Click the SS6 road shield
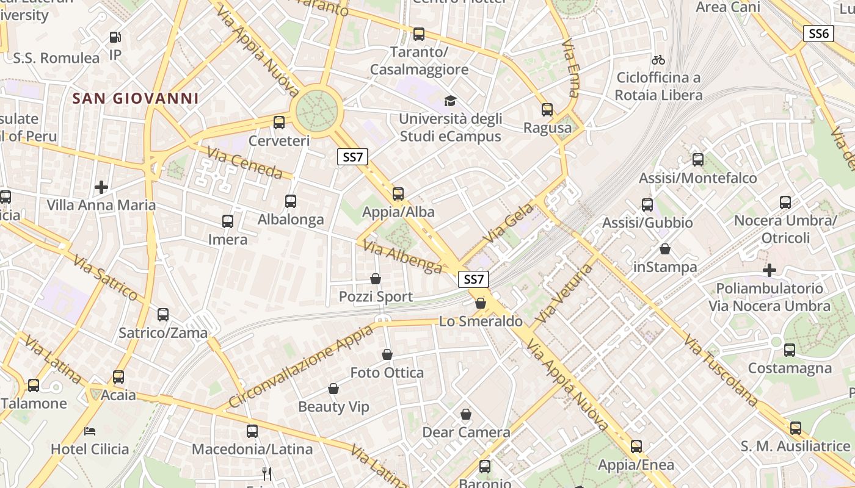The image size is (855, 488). coord(818,34)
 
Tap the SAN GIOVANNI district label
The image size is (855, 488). coord(136,98)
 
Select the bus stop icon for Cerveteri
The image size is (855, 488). coord(279,123)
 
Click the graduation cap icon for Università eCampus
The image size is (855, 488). coord(450,101)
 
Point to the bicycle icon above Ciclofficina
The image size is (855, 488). coord(658,60)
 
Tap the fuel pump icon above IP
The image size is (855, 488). coord(115,37)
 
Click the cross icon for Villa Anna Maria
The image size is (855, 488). coord(101,187)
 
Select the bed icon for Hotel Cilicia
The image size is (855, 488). coord(90,431)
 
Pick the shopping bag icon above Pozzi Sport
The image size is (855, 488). coord(376,279)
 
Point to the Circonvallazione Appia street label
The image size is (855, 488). coord(300,367)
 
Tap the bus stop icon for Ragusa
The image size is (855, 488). coord(547,110)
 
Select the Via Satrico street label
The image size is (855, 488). coord(105,278)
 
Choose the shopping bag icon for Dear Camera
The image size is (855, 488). coord(466,415)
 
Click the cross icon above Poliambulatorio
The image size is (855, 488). coord(770,270)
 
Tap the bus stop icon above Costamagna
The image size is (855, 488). coord(790,350)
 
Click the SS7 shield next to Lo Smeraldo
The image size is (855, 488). coord(474,279)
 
